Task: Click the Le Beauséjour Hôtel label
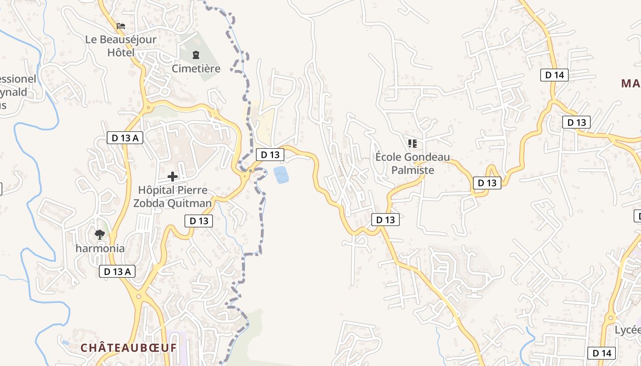[121, 46]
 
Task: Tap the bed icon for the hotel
[121, 26]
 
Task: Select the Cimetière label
[196, 69]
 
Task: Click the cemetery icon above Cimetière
[196, 55]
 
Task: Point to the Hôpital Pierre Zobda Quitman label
[173, 197]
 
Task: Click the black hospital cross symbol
[173, 177]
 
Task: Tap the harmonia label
[100, 248]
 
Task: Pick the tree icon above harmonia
[100, 235]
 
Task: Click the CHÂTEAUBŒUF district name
[129, 348]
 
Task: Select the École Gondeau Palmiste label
[413, 164]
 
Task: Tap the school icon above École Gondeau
[413, 144]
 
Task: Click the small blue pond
[281, 175]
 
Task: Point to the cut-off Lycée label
[627, 330]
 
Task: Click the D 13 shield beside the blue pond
[270, 155]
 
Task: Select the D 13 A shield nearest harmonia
[117, 271]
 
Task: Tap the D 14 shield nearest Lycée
[602, 353]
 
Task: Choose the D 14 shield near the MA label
[554, 75]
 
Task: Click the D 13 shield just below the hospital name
[199, 221]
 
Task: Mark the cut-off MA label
[630, 84]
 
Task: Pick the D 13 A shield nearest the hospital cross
[125, 137]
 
